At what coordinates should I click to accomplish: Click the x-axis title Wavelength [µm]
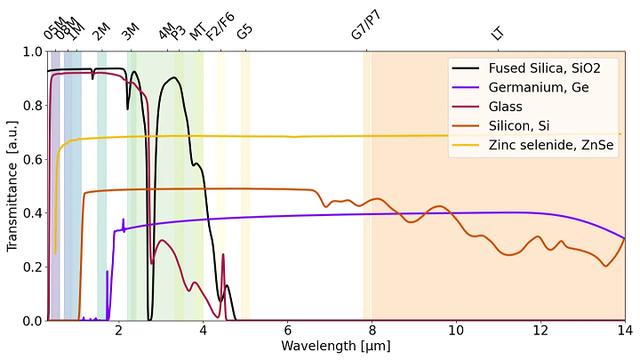pos(335,345)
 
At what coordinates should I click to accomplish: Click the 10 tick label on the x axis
pos(456,330)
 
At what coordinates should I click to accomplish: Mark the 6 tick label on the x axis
pos(288,330)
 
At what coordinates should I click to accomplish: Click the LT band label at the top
pos(498,34)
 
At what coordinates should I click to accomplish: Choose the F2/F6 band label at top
pos(220,28)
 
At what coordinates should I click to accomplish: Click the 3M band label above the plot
pos(131,31)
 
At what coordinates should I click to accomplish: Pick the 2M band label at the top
pos(101,31)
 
